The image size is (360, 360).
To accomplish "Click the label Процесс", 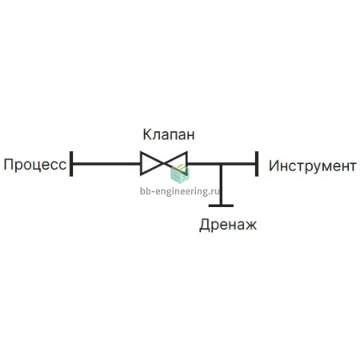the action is [35, 165].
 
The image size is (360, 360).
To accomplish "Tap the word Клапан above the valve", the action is [169, 134].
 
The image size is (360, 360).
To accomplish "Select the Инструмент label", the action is [313, 166].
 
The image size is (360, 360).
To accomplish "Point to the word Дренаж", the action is [228, 225].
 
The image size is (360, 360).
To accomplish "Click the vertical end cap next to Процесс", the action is [71, 164].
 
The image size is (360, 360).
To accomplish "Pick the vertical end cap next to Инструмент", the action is [257, 164].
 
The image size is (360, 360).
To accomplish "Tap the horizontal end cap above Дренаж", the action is [221, 206].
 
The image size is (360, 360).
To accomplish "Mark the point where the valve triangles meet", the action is [164, 163].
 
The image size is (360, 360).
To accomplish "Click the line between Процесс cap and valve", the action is [106, 164].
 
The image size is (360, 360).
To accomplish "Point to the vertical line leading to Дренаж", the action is [221, 185].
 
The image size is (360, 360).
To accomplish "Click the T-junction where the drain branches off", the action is [221, 164].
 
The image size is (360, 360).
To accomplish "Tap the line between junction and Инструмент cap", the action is [239, 164].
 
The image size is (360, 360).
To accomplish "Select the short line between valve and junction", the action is [203, 164].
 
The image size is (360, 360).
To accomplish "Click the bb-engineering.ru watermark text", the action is [180, 191].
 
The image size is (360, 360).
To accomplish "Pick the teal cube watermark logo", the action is [179, 174].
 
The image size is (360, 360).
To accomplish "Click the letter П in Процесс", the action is [9, 164].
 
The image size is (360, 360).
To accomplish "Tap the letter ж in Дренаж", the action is [250, 226].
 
